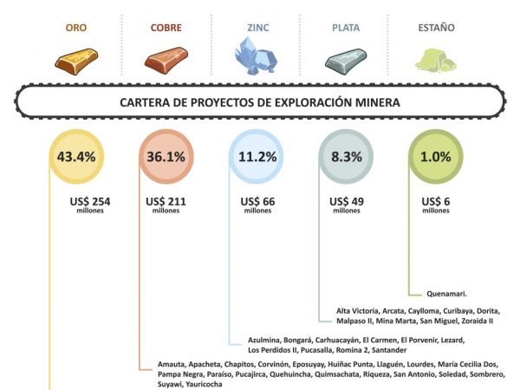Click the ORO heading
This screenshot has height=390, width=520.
(76, 28)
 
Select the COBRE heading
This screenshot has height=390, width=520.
(166, 28)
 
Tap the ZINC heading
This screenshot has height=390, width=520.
(254, 28)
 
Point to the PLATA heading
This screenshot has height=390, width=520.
(345, 28)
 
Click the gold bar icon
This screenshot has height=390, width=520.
(78, 59)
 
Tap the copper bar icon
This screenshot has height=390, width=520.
(166, 59)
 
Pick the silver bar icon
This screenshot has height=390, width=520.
(345, 59)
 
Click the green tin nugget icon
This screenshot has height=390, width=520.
(433, 59)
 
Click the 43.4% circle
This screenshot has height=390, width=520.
(76, 157)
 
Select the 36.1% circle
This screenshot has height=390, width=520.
(165, 157)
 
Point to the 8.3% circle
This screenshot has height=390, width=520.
(345, 157)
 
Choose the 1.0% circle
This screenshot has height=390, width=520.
(435, 157)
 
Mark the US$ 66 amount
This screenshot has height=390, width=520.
(257, 202)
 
